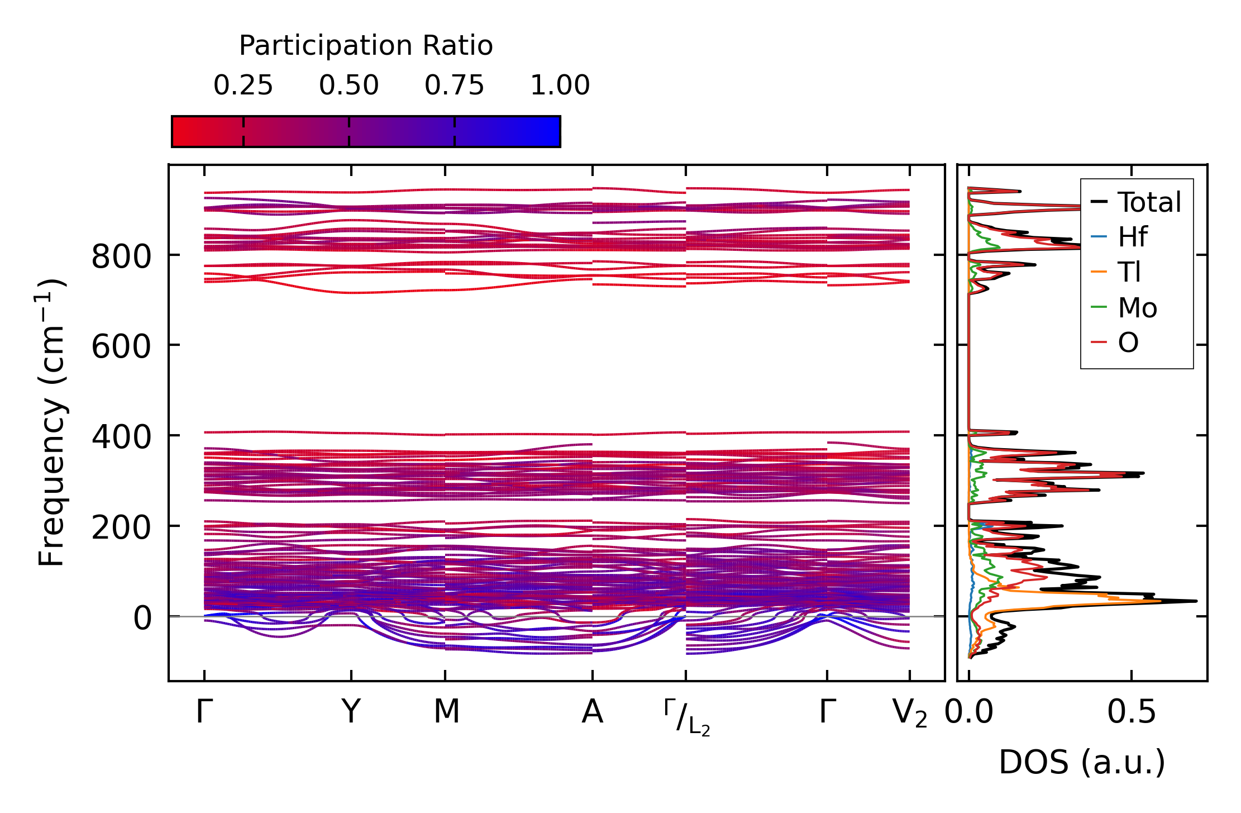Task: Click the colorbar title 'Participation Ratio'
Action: click(x=366, y=46)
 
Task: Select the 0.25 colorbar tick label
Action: click(x=243, y=85)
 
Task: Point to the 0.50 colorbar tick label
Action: click(x=349, y=85)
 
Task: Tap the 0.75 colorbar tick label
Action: click(x=455, y=85)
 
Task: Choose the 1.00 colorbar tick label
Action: click(x=560, y=85)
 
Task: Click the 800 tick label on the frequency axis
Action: click(x=121, y=258)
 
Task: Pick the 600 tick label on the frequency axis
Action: click(x=121, y=347)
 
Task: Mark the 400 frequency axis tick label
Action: click(x=121, y=438)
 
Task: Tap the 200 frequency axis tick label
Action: click(x=121, y=527)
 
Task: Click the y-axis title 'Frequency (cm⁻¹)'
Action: click(x=52, y=422)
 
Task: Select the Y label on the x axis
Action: click(x=351, y=712)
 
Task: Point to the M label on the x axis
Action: click(x=446, y=712)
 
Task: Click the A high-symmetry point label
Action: click(x=593, y=712)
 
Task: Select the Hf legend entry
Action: click(x=1119, y=237)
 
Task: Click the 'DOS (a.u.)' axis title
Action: click(x=1082, y=763)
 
